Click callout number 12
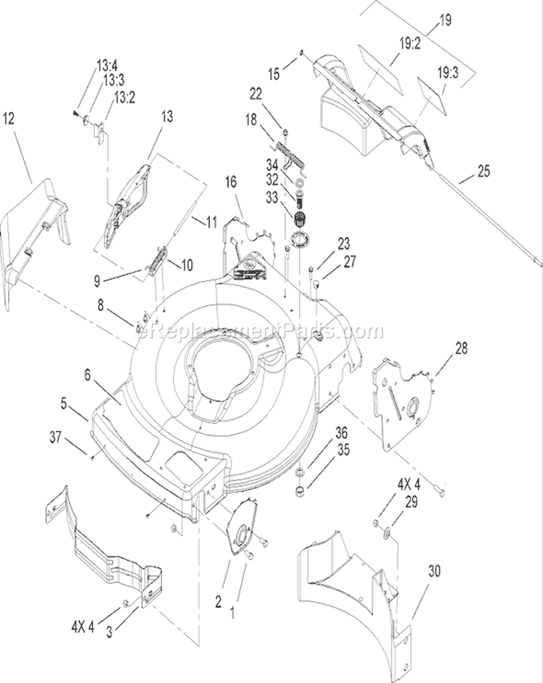point(9,118)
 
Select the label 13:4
point(106,67)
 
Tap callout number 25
point(484,171)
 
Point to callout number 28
point(461,349)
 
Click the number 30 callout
point(434,571)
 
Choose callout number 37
point(55,437)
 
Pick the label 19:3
point(447,72)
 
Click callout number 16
point(231,182)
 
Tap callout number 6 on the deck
point(88,375)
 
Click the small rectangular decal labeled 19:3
point(433,96)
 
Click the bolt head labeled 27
point(317,284)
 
